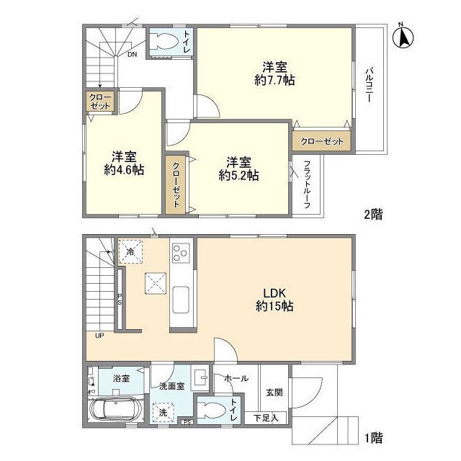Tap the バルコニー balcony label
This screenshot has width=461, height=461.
370,85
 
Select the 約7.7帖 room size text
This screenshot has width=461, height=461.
274,80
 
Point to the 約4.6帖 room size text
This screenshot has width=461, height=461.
124,170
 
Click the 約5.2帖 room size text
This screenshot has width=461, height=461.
238,176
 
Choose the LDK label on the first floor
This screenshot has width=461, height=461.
274,293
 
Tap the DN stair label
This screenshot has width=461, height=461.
132,55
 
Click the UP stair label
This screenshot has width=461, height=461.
99,335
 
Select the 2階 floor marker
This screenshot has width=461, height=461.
373,215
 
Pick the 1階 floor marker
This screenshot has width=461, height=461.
373,438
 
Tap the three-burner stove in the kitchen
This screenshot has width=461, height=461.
181,253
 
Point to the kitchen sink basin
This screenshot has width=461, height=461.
181,300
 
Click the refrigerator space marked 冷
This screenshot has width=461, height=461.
130,251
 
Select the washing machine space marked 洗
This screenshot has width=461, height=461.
164,412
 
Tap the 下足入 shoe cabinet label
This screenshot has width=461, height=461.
266,418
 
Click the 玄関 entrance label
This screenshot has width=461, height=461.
274,392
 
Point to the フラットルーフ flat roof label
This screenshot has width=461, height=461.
307,185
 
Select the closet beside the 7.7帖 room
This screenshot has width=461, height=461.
322,141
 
